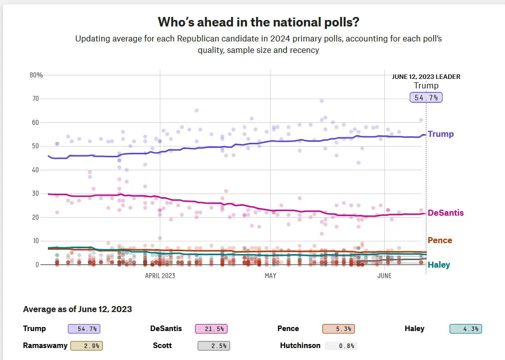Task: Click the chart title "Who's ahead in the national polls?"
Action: tap(258, 22)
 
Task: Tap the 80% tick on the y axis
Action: tap(36, 75)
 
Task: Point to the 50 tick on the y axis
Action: tap(35, 146)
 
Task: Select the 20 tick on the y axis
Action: tap(35, 217)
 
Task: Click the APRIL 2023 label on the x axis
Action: tap(160, 276)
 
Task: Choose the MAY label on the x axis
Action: tap(270, 276)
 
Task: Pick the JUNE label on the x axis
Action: tap(385, 276)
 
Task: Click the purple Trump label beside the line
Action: tap(441, 134)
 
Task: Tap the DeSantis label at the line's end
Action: tap(446, 213)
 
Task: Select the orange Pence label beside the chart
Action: tap(440, 240)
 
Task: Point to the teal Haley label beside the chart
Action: tap(439, 265)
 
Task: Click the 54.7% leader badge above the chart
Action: tap(426, 98)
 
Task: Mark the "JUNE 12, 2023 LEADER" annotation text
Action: tap(426, 77)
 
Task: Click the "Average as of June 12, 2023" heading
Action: tap(77, 309)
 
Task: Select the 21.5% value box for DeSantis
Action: tap(213, 329)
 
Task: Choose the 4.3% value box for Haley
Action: tap(466, 329)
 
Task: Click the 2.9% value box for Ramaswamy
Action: tap(87, 346)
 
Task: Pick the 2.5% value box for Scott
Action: tap(213, 346)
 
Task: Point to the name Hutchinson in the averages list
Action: tap(300, 345)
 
